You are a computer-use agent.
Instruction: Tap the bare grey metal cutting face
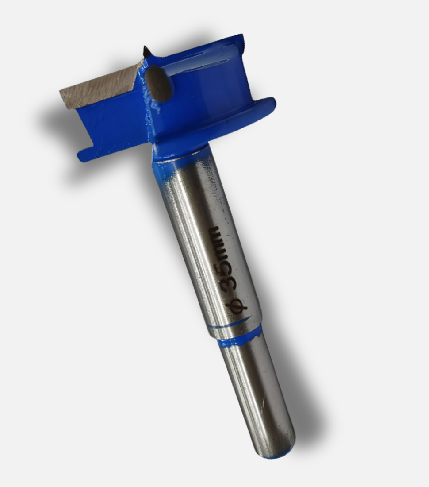tap(99, 83)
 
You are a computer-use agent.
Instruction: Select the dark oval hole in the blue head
tap(159, 83)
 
